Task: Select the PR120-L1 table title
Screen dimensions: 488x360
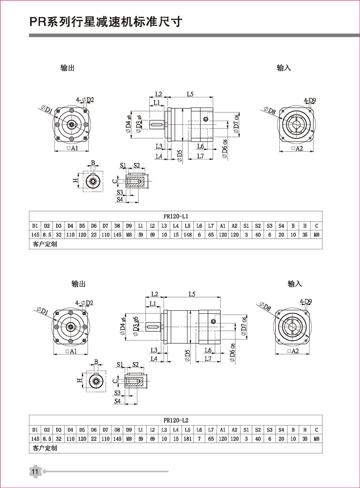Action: coord(175,215)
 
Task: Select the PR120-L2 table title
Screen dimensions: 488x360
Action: coord(175,420)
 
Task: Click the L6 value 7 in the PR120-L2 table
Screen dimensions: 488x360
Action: coord(199,438)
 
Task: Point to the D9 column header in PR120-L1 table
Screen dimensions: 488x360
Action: coord(129,226)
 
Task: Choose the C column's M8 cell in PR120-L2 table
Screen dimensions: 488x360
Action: coord(316,438)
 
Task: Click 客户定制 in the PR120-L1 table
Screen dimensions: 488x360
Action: coord(45,244)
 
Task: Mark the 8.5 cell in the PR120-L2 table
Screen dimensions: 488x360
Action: coord(47,438)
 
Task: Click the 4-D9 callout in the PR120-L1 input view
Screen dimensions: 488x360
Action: coord(310,101)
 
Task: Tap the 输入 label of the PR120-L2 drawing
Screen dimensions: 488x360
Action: coord(295,284)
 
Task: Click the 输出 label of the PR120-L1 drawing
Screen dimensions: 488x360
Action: coord(68,68)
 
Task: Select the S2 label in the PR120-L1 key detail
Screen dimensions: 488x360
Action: coord(137,165)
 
